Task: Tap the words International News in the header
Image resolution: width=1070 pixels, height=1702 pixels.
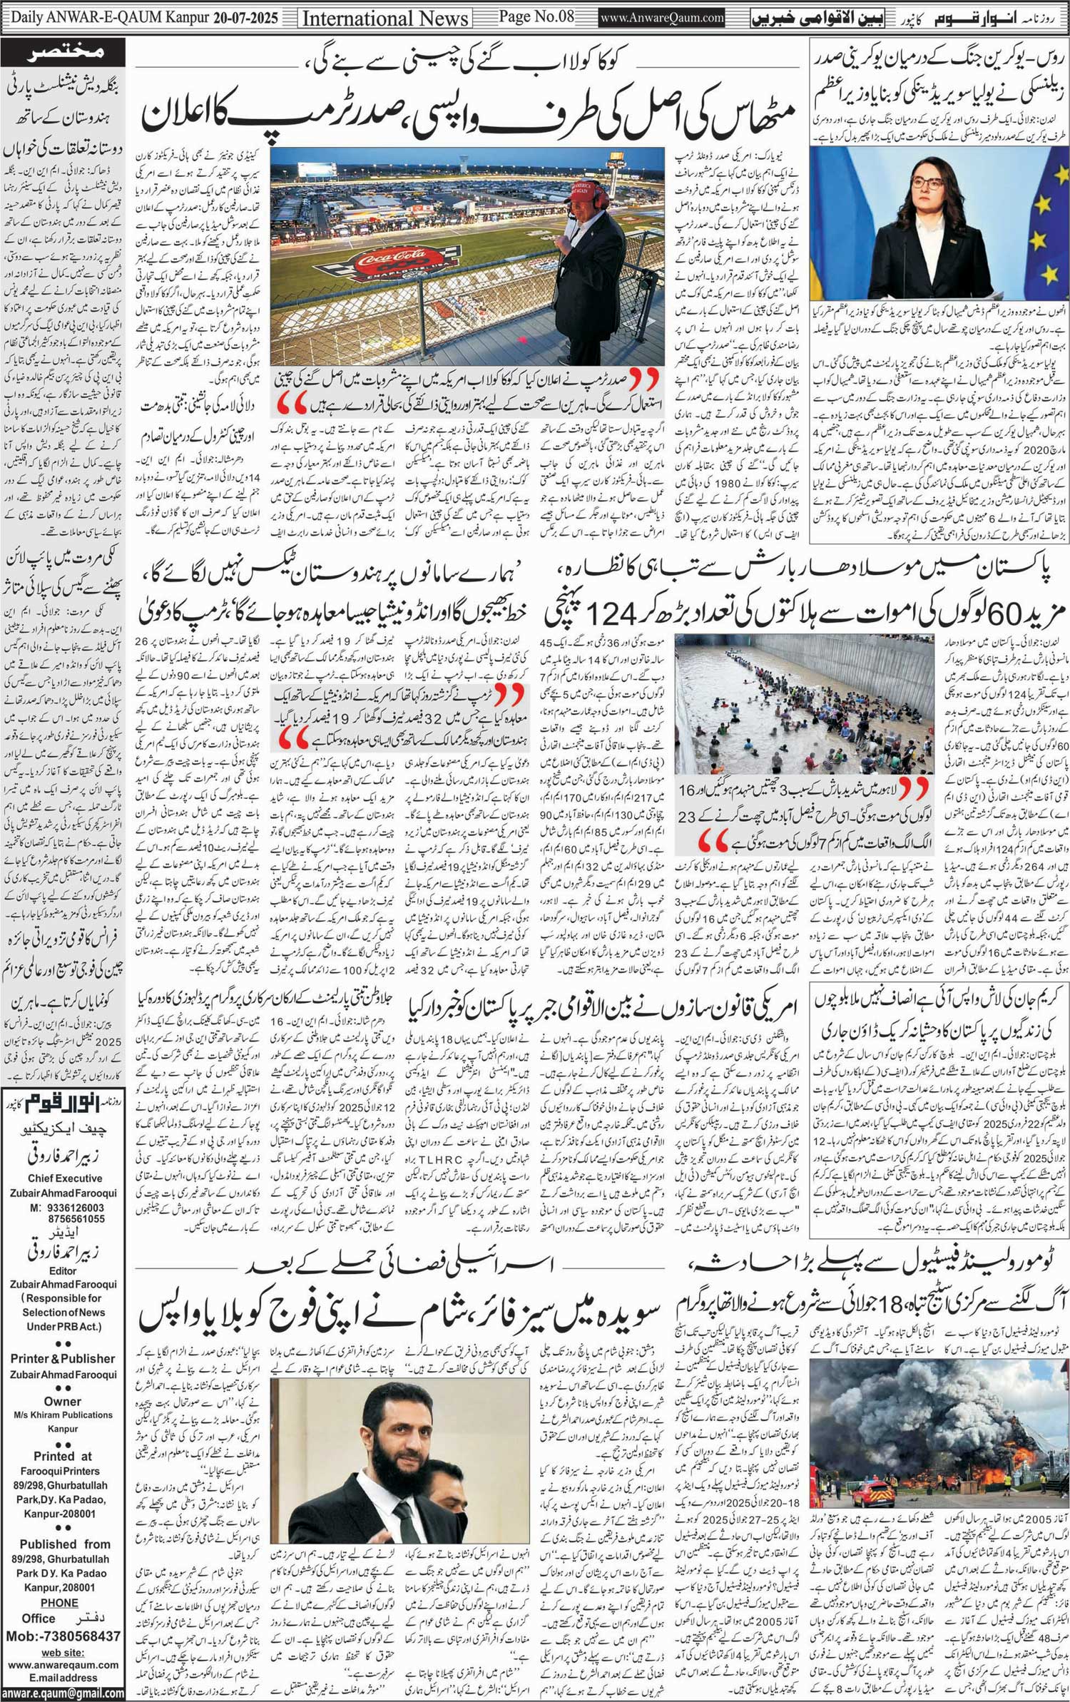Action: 385,18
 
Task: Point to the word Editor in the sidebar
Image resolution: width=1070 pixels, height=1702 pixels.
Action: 63,1270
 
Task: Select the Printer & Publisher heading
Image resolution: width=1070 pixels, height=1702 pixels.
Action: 63,1359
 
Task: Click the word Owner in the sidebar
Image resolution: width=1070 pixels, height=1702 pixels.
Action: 63,1401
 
